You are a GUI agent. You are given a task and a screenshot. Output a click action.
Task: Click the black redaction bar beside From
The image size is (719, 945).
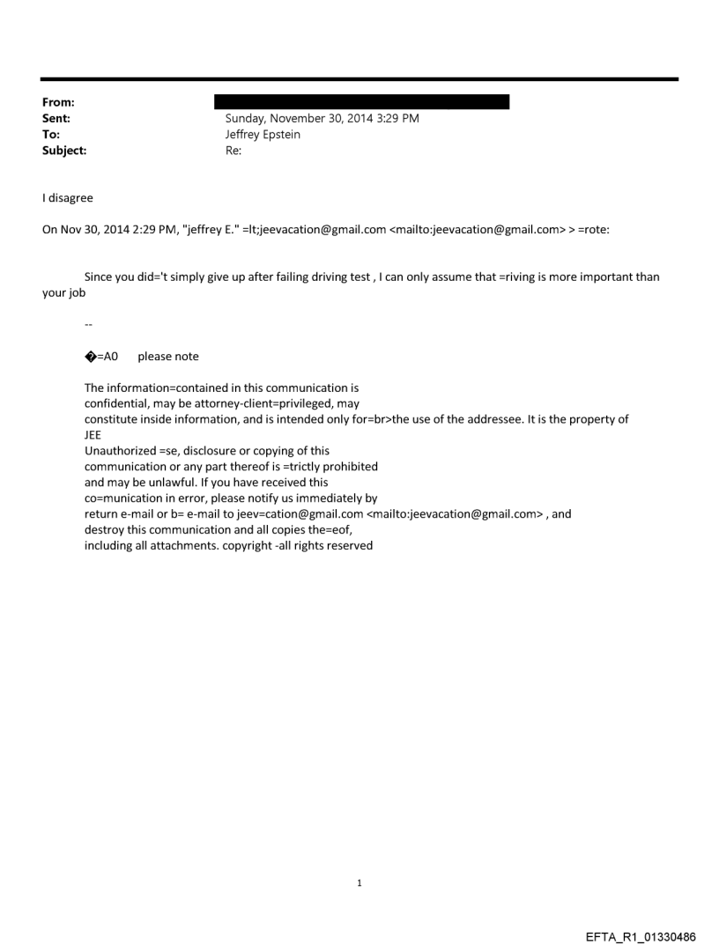coord(361,102)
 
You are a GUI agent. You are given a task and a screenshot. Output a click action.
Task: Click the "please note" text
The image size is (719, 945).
coord(168,356)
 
